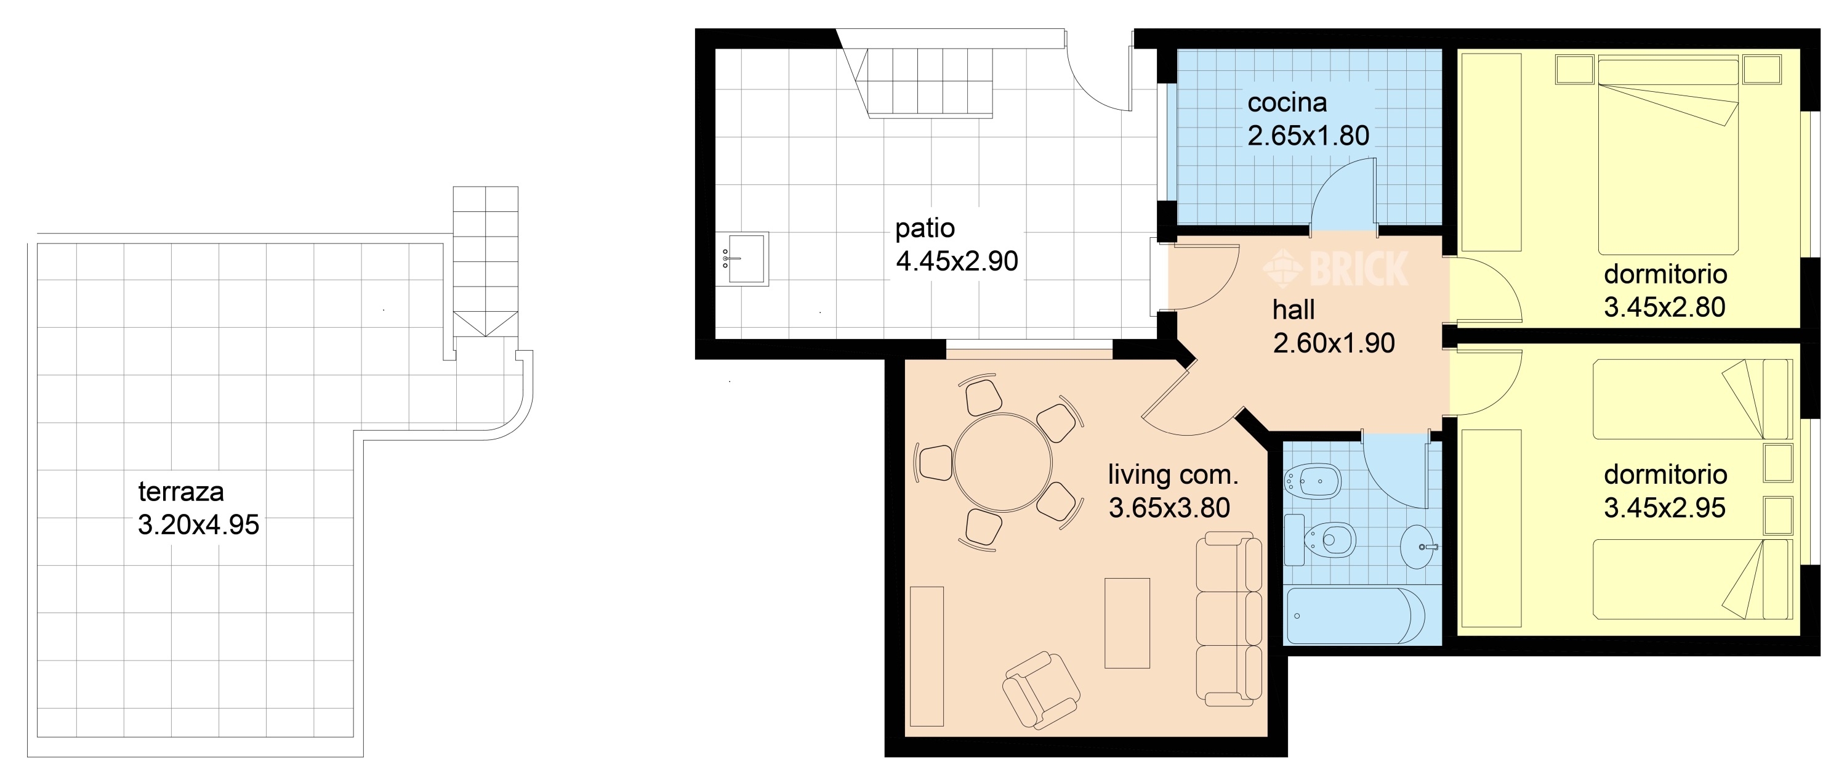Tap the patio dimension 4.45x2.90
pos(957,262)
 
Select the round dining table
pos(1003,463)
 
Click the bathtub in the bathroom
pos(1356,616)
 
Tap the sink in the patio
pos(743,258)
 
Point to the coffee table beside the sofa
pos(1127,623)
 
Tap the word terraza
pos(180,492)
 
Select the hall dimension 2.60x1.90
pos(1334,344)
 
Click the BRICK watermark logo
pos(1335,268)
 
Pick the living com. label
pos(1173,475)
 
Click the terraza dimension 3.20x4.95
pos(199,525)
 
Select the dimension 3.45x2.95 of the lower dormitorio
pos(1664,508)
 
